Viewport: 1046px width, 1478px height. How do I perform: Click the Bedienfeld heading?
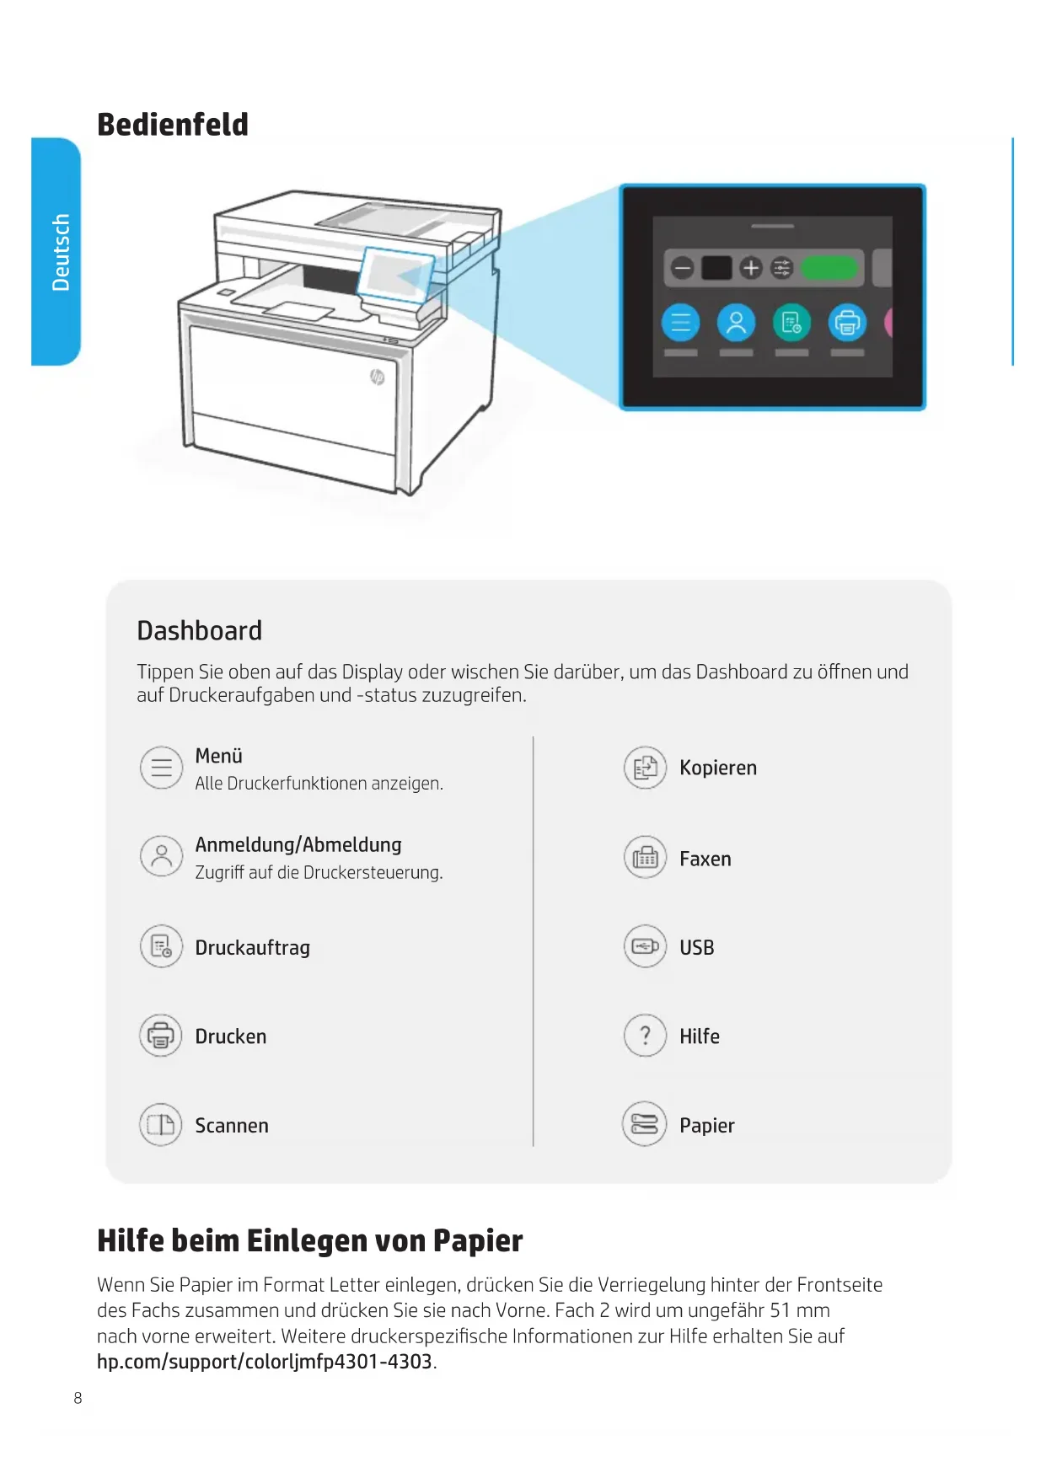173,125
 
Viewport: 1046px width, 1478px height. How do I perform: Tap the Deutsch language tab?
57,251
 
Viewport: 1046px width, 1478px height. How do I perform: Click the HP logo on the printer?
378,376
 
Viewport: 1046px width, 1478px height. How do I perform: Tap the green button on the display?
829,268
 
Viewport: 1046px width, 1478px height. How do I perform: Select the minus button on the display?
682,268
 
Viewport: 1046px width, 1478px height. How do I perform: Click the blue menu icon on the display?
680,323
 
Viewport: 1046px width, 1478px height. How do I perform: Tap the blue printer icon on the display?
847,323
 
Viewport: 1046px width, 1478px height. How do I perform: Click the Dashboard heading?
199,630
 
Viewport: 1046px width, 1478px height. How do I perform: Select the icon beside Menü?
161,768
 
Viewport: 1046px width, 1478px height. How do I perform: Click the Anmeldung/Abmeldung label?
298,844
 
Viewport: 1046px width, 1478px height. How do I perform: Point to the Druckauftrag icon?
161,947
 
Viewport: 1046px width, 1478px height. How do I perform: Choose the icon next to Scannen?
161,1125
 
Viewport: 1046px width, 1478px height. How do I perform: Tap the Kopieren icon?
645,768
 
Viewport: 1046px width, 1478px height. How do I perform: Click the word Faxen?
705,859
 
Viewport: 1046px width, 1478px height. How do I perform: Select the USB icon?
645,947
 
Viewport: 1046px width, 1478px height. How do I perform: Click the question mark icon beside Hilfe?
645,1036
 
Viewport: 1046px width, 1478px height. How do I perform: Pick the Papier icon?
645,1125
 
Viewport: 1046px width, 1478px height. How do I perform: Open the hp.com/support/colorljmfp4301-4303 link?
265,1362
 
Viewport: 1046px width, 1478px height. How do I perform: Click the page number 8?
78,1398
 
